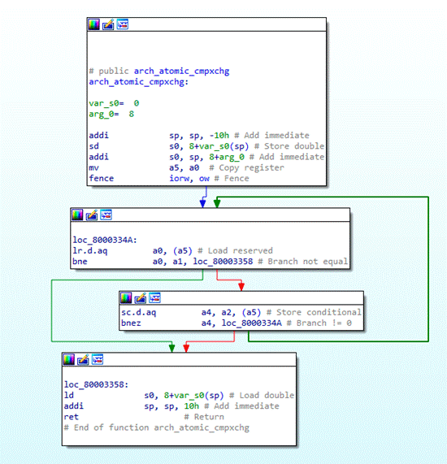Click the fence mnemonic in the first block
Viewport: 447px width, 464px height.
click(102, 179)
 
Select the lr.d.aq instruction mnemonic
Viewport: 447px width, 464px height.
click(90, 251)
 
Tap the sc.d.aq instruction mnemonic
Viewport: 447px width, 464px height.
click(138, 313)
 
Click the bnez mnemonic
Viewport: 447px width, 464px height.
click(131, 323)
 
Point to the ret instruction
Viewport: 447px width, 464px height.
click(72, 417)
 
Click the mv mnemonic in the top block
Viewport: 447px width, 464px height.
click(93, 167)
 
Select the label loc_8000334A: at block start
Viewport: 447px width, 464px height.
click(105, 240)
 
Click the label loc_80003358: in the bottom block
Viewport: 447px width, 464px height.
click(97, 384)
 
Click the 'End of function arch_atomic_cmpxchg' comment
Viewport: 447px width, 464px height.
click(157, 428)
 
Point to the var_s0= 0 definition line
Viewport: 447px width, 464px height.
click(114, 103)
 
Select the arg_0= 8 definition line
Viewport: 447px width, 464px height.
click(111, 114)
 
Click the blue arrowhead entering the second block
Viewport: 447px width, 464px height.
click(203, 204)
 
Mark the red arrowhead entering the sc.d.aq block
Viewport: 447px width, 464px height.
click(241, 287)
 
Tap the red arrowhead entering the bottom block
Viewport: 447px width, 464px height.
click(186, 349)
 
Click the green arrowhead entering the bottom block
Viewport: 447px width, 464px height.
click(172, 349)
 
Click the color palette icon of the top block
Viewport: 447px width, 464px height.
click(93, 24)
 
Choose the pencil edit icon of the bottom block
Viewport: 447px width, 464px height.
click(83, 359)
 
